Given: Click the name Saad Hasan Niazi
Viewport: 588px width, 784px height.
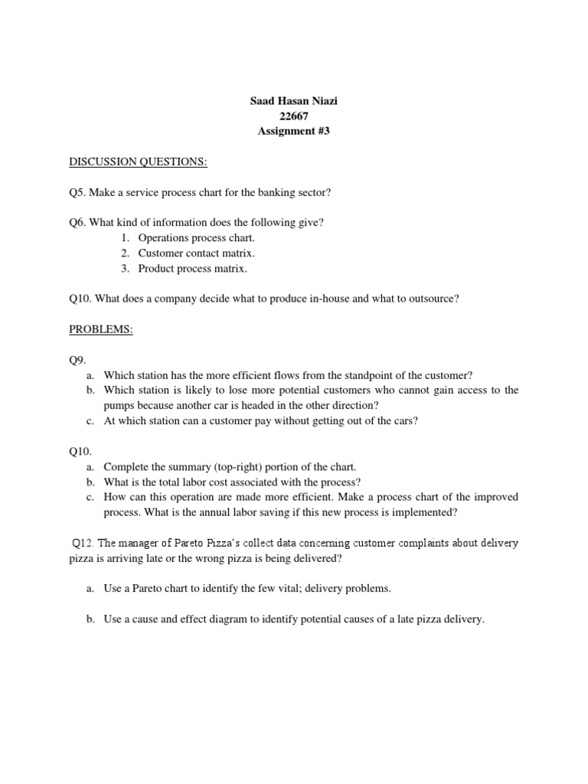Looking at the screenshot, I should pyautogui.click(x=293, y=101).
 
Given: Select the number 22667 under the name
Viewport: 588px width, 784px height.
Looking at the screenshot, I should pyautogui.click(x=293, y=116).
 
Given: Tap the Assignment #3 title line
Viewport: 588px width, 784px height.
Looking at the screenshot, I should pyautogui.click(x=293, y=131).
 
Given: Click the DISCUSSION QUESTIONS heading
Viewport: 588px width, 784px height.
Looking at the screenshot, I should pyautogui.click(x=138, y=162).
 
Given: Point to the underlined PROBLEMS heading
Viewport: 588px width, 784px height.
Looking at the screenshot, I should pyautogui.click(x=101, y=328).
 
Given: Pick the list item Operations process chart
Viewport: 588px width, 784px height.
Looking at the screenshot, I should pyautogui.click(x=197, y=238).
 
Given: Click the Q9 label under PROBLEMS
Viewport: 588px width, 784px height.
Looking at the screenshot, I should pyautogui.click(x=78, y=360).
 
